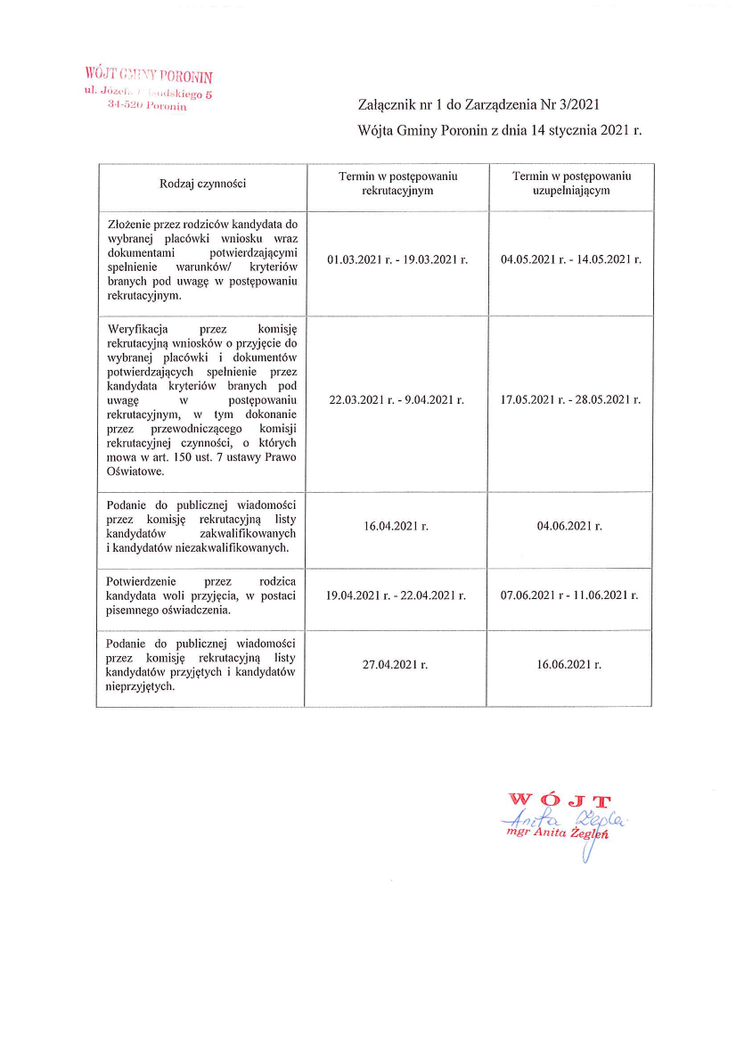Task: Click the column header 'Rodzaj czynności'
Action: coord(201,185)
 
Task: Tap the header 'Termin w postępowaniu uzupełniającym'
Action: coord(570,185)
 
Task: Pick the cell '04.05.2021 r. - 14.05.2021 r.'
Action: coord(570,259)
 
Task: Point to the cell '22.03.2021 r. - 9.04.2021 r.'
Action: coord(397,400)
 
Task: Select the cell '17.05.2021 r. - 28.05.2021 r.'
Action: coord(570,400)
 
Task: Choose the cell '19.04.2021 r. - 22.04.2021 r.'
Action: coord(397,595)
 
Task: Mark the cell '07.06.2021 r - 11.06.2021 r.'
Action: coord(570,595)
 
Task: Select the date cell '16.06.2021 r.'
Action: coord(570,665)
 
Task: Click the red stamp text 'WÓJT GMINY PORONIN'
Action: coord(149,75)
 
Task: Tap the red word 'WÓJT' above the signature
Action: coord(559,800)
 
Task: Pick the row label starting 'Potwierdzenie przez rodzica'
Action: coord(201,595)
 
